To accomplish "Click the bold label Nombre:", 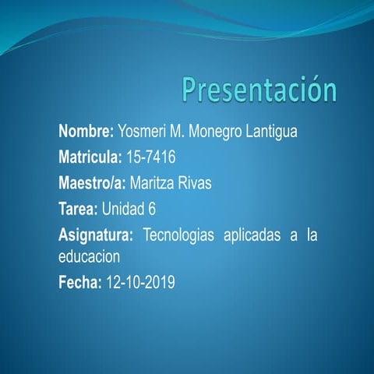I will click(x=86, y=132).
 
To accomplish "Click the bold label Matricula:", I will click(x=90, y=157).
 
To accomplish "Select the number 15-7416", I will click(x=151, y=157).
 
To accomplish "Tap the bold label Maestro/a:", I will click(x=92, y=183).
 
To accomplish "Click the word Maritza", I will click(x=153, y=183).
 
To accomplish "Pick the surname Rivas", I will click(x=195, y=183).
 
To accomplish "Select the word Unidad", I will click(x=124, y=209).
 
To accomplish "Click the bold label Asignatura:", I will click(x=96, y=235).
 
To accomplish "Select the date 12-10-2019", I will click(x=140, y=281).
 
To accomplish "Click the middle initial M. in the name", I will click(x=185, y=132).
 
